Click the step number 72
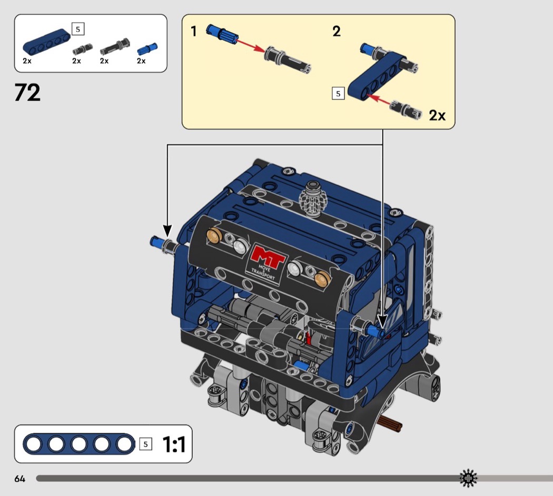coord(27,93)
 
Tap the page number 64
coord(19,479)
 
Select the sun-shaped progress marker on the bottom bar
coord(468,478)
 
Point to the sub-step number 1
coord(194,32)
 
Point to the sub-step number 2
coord(337,32)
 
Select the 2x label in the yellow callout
coord(437,115)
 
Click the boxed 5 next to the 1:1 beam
coord(146,444)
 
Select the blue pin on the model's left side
coord(156,242)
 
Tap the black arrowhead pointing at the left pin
coord(167,231)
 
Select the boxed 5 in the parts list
coord(78,29)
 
